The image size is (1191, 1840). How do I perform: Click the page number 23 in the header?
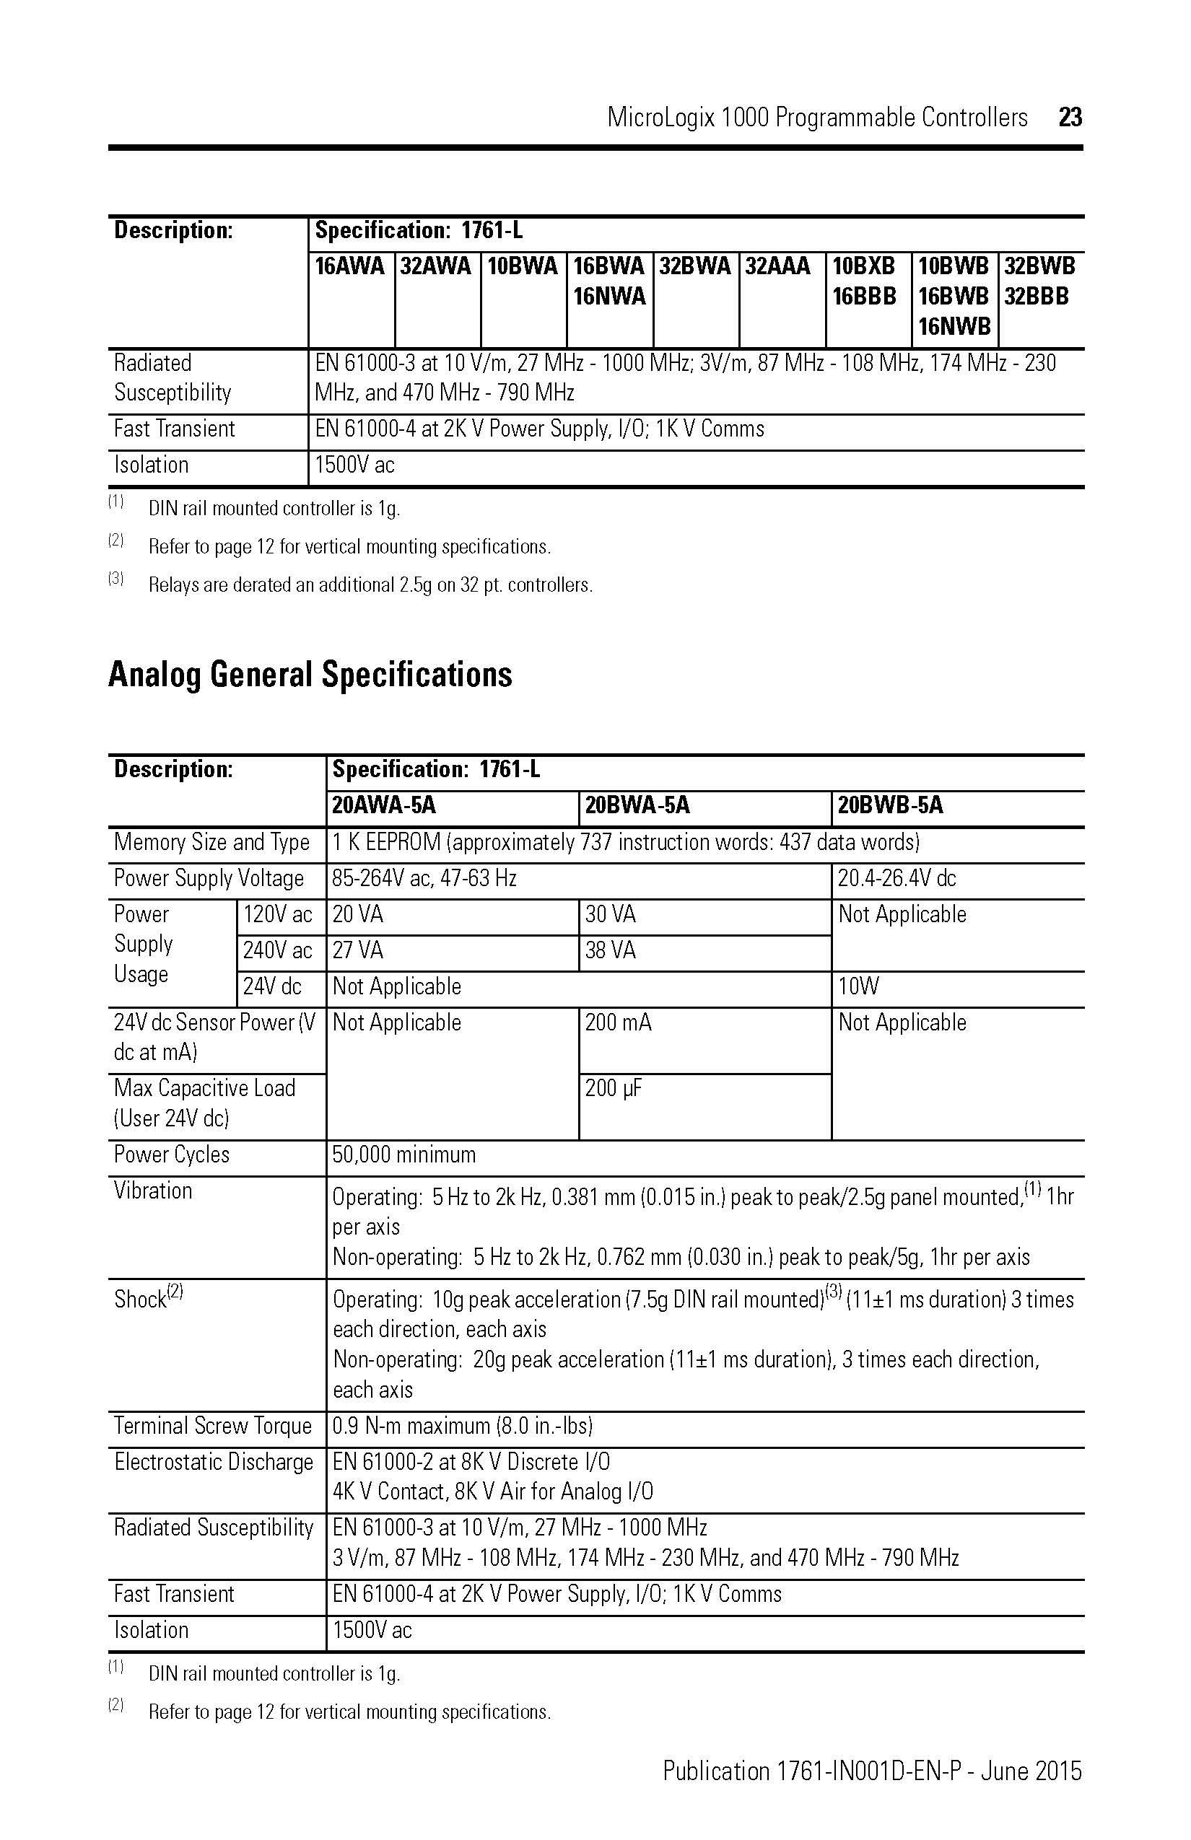pos(1070,118)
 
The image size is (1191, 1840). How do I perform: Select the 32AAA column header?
pos(777,267)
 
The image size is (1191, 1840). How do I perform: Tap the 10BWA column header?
pos(522,267)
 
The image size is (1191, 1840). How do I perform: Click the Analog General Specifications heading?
pos(310,674)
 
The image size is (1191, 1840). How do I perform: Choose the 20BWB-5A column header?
pos(890,805)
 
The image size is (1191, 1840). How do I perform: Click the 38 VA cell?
pos(610,950)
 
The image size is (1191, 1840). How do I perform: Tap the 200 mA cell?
pos(618,1023)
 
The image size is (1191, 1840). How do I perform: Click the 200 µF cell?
pos(614,1089)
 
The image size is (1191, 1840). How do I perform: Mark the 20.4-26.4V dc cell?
pos(896,878)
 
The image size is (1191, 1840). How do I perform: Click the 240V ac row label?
pos(277,950)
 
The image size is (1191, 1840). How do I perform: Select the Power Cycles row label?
pos(172,1155)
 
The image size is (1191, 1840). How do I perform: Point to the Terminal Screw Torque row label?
pos(213,1426)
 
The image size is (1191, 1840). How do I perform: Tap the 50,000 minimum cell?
pos(403,1155)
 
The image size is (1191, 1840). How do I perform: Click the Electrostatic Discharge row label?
pos(214,1462)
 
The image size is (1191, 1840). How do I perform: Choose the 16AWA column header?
pos(349,267)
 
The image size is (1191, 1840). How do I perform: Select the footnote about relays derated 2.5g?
pos(370,585)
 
